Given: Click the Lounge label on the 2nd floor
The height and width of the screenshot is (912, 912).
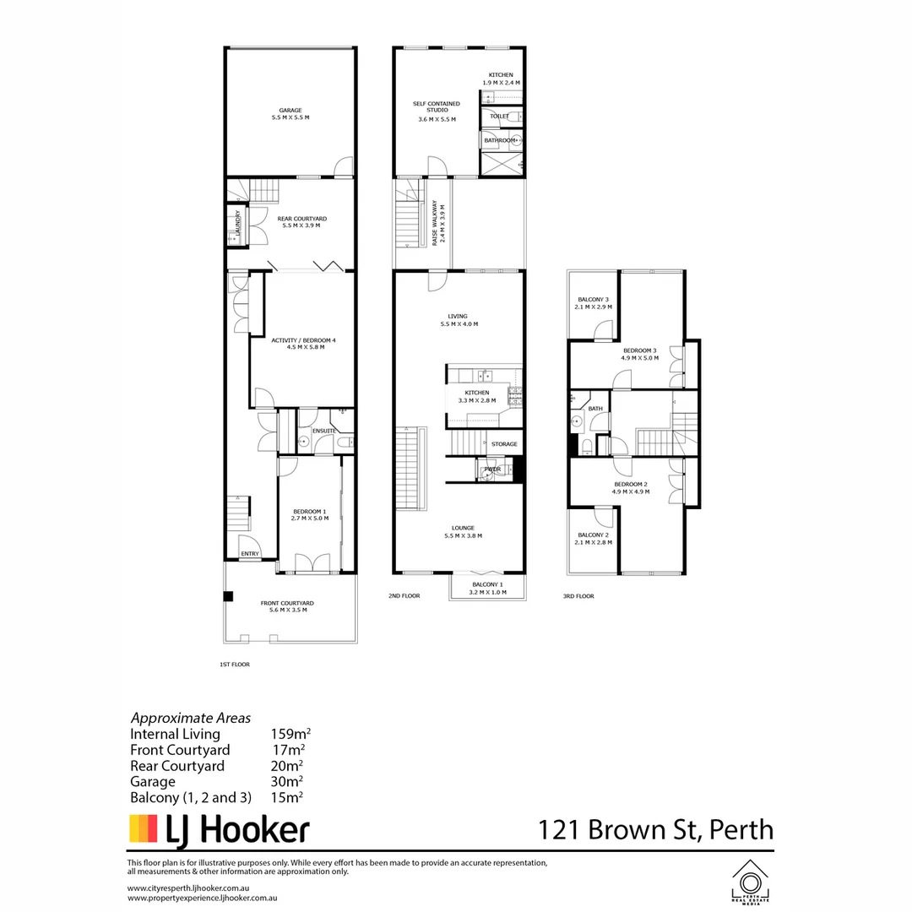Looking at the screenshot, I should point(462,530).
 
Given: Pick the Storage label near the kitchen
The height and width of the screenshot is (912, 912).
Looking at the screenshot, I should point(504,444).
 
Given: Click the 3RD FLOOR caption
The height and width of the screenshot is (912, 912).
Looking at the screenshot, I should point(578,596).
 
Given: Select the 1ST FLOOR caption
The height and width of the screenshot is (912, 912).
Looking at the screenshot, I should point(234,665).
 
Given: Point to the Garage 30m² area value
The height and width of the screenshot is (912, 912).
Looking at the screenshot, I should point(287,781).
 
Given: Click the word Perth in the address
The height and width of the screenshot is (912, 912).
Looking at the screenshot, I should point(741,829).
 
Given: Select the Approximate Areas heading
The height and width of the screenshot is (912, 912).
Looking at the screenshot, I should point(190,718).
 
